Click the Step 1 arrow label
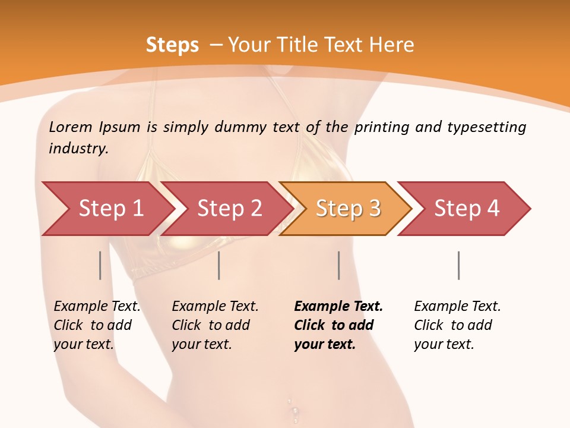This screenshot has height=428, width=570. [111, 208]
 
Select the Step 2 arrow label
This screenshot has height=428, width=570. [230, 208]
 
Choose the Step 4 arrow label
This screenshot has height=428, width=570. [467, 208]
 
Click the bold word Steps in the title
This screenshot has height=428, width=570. [172, 45]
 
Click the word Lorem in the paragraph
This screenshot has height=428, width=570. [71, 127]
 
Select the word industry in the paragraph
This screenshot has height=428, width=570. [78, 148]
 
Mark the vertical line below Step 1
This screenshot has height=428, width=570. [100, 265]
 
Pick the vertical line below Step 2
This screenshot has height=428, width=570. [219, 265]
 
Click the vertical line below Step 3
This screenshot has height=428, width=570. [338, 265]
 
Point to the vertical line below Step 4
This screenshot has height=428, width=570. [458, 265]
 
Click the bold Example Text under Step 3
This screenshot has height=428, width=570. [338, 306]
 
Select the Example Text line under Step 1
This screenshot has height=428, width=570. [97, 306]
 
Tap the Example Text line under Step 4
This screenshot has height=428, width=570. [457, 306]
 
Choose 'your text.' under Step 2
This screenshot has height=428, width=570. [201, 344]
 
